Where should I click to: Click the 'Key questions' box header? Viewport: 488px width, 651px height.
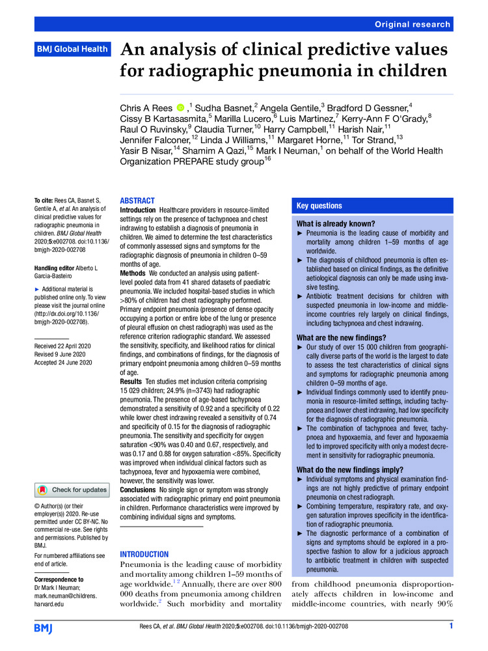319,206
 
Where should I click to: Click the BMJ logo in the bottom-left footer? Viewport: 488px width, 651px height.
44,627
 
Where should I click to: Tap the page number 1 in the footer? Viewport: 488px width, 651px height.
450,626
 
